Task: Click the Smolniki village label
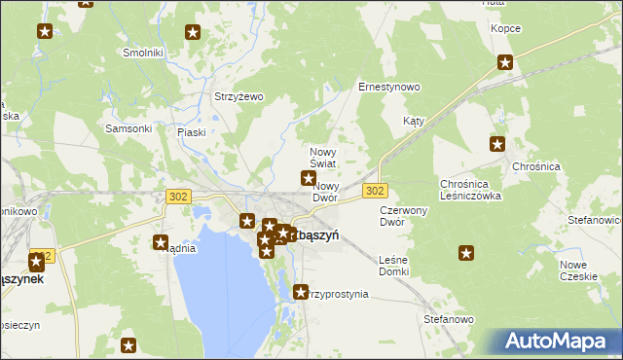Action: point(142,52)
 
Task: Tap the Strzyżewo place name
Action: point(239,96)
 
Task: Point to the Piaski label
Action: point(192,131)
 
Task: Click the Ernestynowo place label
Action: point(389,87)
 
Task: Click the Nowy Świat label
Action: point(323,158)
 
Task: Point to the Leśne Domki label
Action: point(393,265)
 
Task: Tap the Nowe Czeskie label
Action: point(579,270)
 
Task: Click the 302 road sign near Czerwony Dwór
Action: point(376,190)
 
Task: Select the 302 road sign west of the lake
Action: point(177,197)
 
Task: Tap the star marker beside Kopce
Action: point(505,63)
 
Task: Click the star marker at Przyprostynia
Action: point(301,291)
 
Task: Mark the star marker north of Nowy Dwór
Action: point(309,178)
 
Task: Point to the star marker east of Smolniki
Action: point(193,33)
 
